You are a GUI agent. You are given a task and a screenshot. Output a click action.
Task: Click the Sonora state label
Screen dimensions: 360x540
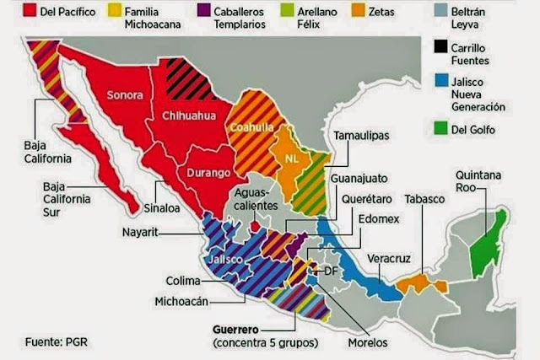coord(125,94)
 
